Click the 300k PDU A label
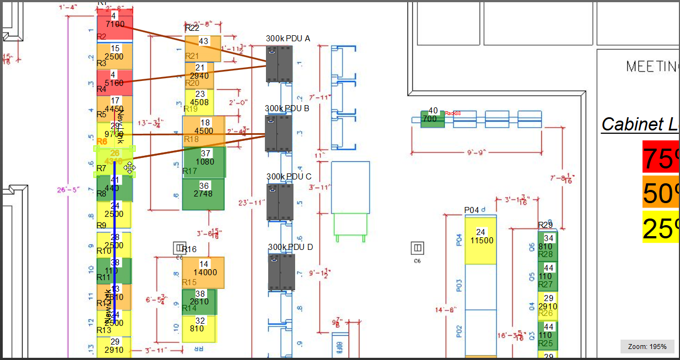pyautogui.click(x=288, y=39)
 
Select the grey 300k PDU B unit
pyautogui.click(x=279, y=133)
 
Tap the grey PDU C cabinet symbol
pyautogui.click(x=279, y=201)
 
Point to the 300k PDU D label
pyautogui.click(x=290, y=247)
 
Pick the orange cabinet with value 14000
pyautogui.click(x=203, y=272)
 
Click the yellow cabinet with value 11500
pyautogui.click(x=481, y=241)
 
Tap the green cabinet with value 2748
pyautogui.click(x=203, y=194)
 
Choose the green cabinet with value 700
pyautogui.click(x=432, y=118)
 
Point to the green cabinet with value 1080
pyautogui.click(x=205, y=162)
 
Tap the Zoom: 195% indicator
pyautogui.click(x=647, y=347)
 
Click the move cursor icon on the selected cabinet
pyautogui.click(x=130, y=168)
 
